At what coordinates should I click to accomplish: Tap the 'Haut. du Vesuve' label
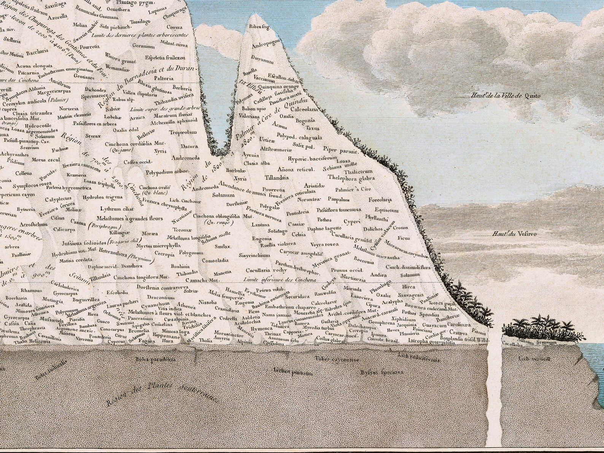[513, 234]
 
